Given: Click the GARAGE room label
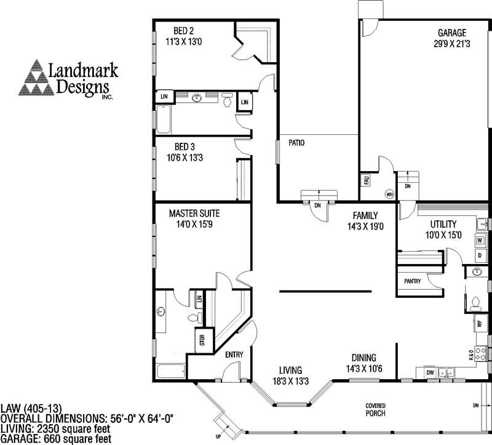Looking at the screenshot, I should pos(451,33).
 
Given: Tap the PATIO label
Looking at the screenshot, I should pos(298,143).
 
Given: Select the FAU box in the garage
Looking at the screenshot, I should pos(365,180).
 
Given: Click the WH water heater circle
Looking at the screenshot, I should pos(389,193).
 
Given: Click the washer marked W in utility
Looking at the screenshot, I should pos(480,239).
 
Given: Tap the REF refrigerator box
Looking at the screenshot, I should pos(478,323).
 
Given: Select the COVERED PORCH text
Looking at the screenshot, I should pos(376,410).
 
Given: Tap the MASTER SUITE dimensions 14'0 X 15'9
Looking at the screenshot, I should pos(194,225).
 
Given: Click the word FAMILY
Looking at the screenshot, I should pos(365,215).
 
